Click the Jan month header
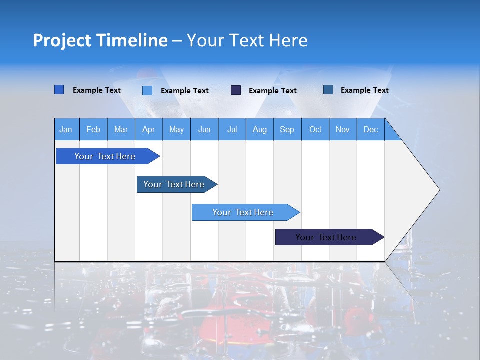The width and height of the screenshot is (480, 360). [x=66, y=129]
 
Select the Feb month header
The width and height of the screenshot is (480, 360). [x=93, y=129]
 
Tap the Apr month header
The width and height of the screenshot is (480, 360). [x=148, y=129]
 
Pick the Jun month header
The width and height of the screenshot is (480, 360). [x=204, y=129]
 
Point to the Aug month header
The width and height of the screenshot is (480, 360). [x=259, y=129]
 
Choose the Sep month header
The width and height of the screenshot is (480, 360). [x=287, y=129]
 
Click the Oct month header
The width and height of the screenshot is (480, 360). [x=315, y=129]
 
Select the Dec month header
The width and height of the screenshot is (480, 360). [x=370, y=129]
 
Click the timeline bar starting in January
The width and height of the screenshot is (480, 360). [x=105, y=156]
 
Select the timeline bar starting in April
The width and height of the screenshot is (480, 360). [x=174, y=184]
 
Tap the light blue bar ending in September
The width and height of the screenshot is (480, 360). [x=243, y=212]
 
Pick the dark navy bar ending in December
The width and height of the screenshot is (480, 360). [x=326, y=237]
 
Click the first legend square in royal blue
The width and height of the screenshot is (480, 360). [x=59, y=90]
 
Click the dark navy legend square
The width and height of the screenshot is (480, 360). [x=236, y=90]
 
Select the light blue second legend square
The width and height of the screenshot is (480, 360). [x=147, y=90]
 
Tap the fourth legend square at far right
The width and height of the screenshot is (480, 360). [x=328, y=90]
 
